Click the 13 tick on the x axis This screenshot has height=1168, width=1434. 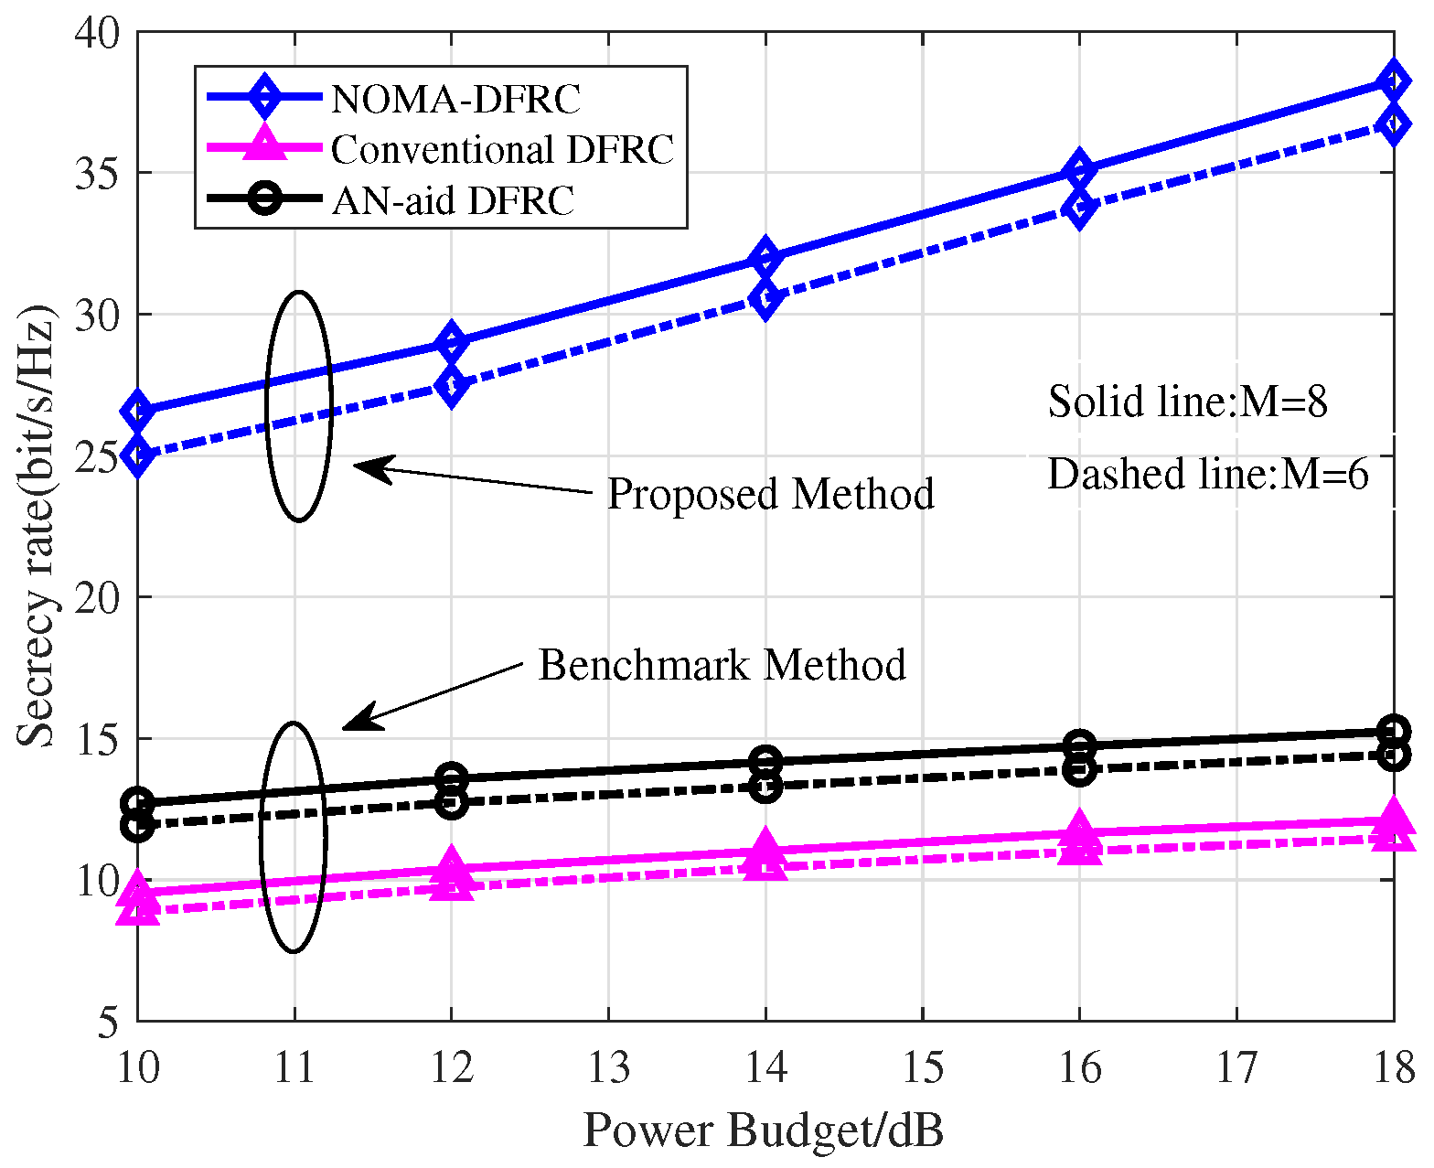pyautogui.click(x=608, y=1067)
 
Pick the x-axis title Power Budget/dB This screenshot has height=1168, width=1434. pyautogui.click(x=763, y=1130)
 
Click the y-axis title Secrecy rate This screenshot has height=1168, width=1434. pyautogui.click(x=37, y=529)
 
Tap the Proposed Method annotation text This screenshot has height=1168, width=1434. pyautogui.click(x=770, y=494)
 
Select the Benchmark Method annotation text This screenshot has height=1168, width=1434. pyautogui.click(x=722, y=665)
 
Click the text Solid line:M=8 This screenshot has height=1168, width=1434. pyautogui.click(x=1187, y=402)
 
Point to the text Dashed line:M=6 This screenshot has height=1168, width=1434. pyautogui.click(x=1207, y=475)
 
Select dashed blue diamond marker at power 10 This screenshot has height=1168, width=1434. pyautogui.click(x=138, y=455)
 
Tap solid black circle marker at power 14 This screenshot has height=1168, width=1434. pyautogui.click(x=765, y=761)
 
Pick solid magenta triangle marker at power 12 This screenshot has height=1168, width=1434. pyautogui.click(x=451, y=865)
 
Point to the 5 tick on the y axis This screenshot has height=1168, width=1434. pyautogui.click(x=107, y=1022)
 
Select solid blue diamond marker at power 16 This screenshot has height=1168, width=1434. pyautogui.click(x=1079, y=170)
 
